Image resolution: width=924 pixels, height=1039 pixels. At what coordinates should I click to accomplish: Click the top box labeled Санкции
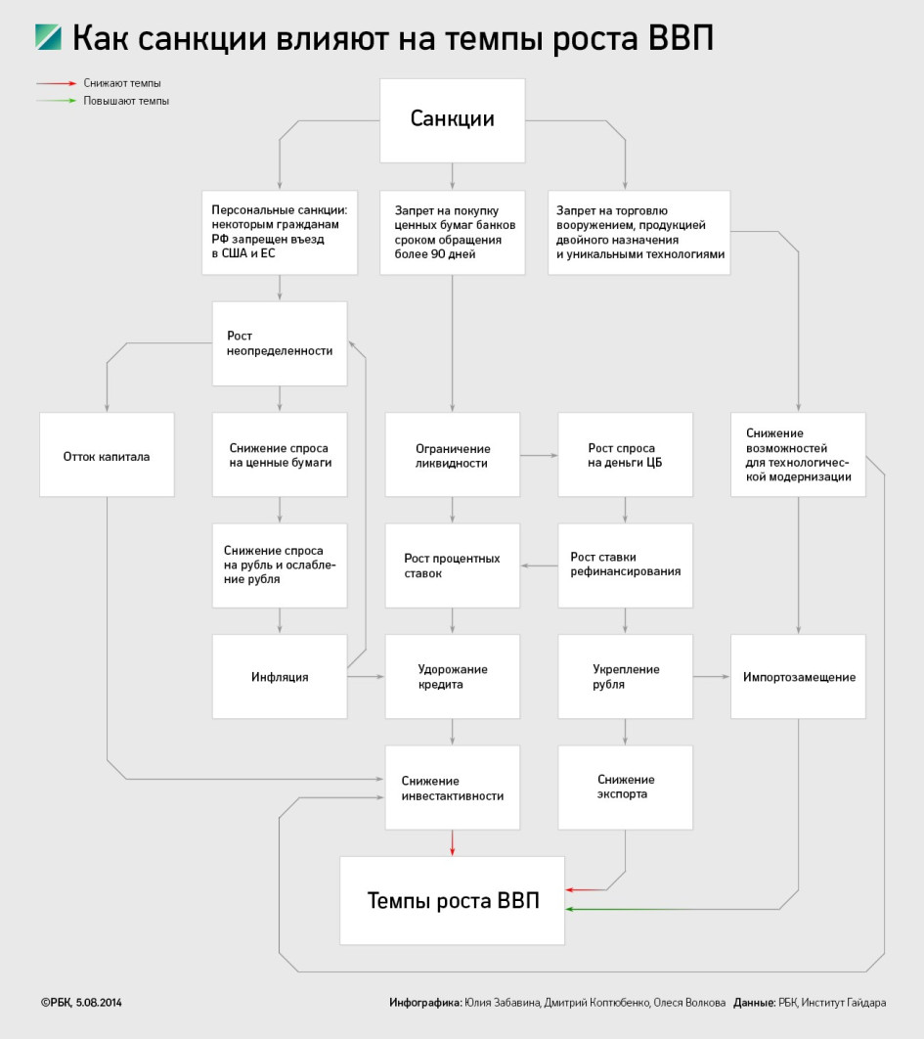tap(453, 120)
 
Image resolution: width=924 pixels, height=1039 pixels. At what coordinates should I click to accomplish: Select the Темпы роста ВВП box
tap(453, 900)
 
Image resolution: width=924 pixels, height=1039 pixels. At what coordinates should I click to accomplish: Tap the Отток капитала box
tap(107, 455)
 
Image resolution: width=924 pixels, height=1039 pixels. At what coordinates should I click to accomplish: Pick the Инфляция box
tap(280, 677)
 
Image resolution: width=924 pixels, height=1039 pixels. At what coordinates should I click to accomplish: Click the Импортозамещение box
tap(798, 677)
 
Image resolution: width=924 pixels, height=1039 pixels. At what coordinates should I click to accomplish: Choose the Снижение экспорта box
tap(625, 788)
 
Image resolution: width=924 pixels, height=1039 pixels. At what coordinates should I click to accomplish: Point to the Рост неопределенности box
tap(280, 343)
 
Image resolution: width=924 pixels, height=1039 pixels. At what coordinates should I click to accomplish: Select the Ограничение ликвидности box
tap(453, 455)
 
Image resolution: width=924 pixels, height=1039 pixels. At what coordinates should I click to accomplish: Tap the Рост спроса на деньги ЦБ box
tap(625, 455)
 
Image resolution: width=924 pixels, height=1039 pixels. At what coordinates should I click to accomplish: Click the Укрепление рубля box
tap(625, 677)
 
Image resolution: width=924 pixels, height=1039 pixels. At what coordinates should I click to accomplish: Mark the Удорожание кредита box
tap(453, 677)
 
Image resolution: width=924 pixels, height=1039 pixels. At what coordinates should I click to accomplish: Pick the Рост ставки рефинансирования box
tap(625, 565)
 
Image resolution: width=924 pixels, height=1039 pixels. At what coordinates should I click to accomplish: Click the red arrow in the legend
tap(57, 83)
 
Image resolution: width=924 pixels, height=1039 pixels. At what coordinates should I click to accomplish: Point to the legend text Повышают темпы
tap(126, 101)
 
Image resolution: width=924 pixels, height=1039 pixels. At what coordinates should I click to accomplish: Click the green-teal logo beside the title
tap(48, 37)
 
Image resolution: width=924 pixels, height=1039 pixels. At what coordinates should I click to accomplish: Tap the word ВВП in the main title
tap(681, 38)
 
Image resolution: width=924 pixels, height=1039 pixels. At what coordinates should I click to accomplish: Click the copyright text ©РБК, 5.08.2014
tap(81, 1003)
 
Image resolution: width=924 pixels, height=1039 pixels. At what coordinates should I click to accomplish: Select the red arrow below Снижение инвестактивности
tap(453, 842)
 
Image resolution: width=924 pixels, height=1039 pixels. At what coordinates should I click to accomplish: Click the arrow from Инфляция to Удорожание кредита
tap(366, 677)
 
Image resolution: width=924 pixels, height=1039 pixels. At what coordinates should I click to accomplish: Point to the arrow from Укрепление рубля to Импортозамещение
tap(712, 677)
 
